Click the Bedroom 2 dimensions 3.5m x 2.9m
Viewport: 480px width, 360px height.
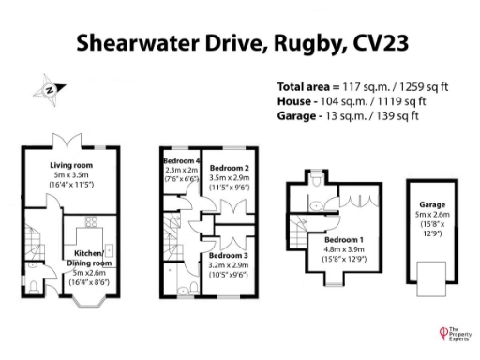[x=229, y=176]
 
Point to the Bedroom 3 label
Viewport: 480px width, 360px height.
[x=229, y=255]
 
